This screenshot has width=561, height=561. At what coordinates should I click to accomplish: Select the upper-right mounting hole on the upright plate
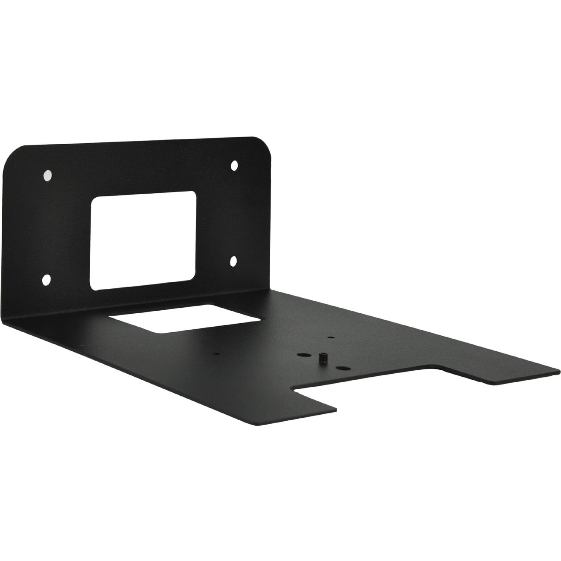(x=234, y=165)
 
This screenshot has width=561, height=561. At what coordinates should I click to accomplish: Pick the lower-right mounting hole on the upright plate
(x=233, y=261)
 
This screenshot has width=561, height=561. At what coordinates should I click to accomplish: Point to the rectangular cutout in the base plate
(x=184, y=318)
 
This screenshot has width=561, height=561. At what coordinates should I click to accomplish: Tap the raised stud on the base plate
(x=322, y=358)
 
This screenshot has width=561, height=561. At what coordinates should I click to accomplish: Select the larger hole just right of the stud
(x=343, y=369)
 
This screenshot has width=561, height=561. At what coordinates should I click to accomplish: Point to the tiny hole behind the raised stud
(x=330, y=337)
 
